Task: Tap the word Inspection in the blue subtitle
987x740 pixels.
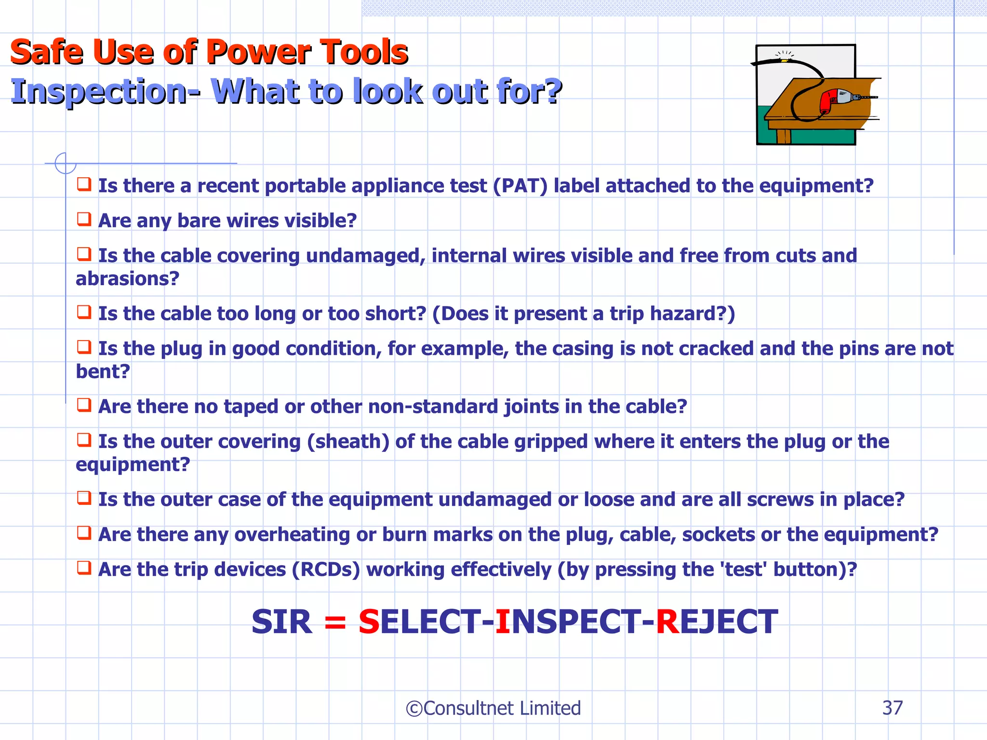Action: pos(99,92)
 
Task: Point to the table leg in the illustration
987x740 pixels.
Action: pos(784,136)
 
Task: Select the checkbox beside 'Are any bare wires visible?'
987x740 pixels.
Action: pos(84,219)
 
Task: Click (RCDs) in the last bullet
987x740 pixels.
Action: pos(326,570)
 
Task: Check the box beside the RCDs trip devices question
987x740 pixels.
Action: pos(84,568)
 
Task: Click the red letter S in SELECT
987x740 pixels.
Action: pos(369,622)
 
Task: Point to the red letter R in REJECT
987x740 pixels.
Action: pos(667,622)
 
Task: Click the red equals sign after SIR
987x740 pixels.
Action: pos(335,622)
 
